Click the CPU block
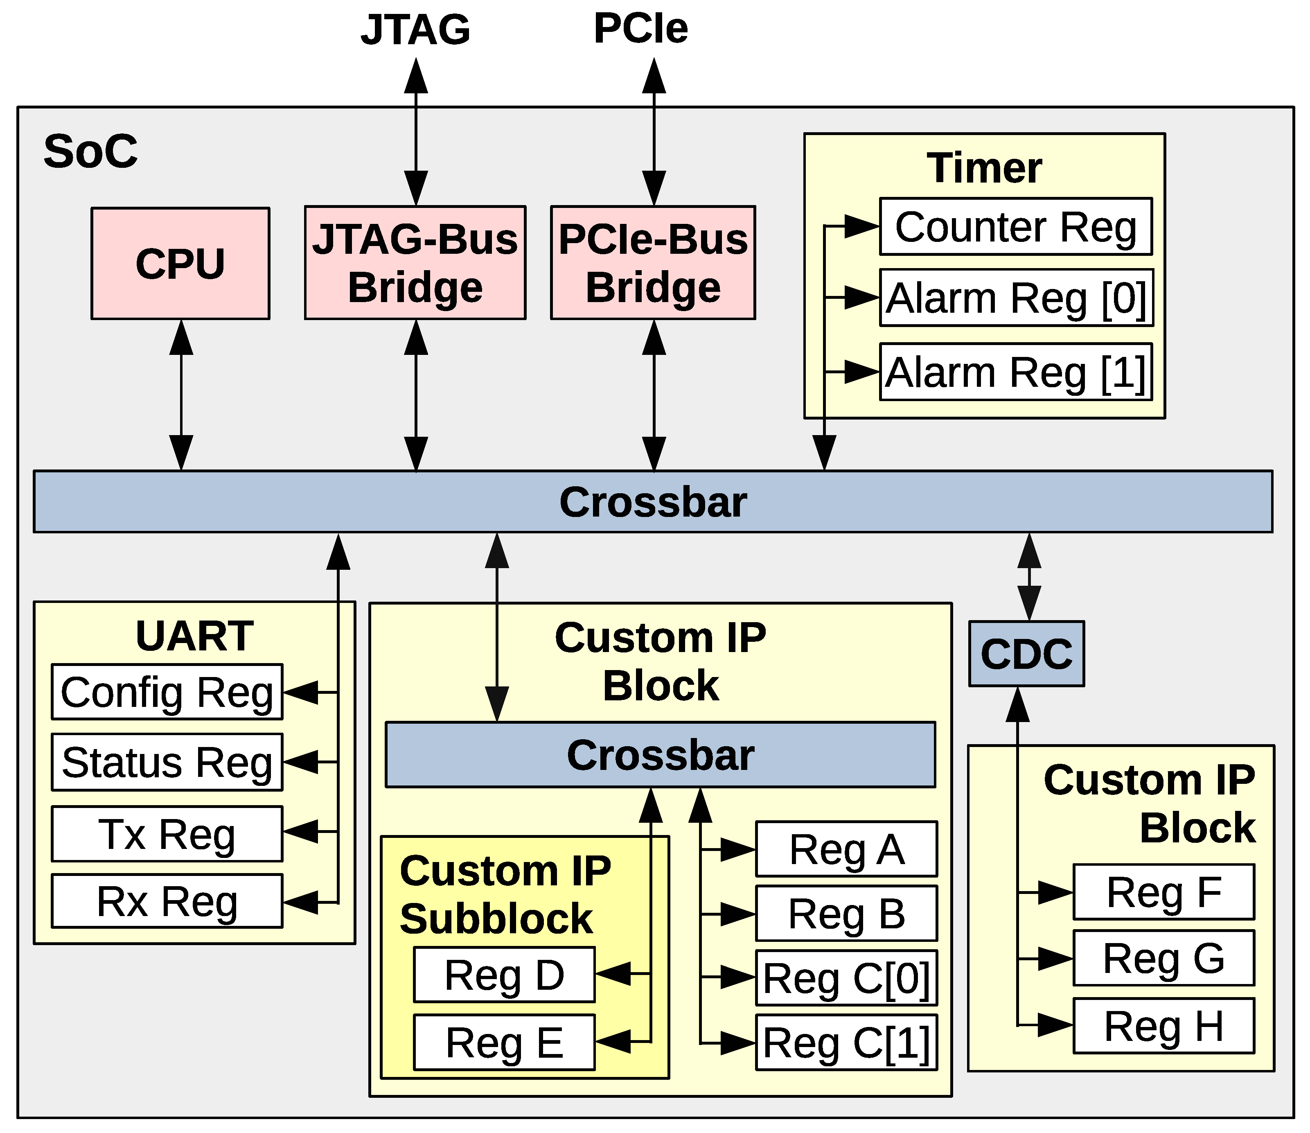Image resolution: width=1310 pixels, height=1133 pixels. tap(180, 263)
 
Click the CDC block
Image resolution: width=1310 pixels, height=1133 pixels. tap(1026, 653)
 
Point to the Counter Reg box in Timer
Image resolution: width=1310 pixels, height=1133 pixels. tap(1015, 226)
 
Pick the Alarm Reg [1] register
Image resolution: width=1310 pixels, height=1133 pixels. tap(1015, 372)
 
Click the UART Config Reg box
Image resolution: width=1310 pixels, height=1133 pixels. tap(167, 692)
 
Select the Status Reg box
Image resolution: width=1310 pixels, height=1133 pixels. tap(167, 762)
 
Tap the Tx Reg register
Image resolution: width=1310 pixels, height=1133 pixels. tap(167, 833)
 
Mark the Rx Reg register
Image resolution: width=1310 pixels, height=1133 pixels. tap(167, 901)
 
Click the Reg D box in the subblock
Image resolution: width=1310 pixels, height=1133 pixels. tap(504, 974)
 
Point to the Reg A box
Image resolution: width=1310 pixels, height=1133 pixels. tap(846, 849)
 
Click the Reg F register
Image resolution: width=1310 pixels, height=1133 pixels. tap(1163, 892)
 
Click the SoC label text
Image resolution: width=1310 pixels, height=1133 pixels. tap(90, 152)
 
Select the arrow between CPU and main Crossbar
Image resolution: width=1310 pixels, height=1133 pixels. tap(181, 395)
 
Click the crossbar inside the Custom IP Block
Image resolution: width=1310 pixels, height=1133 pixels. tap(660, 754)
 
